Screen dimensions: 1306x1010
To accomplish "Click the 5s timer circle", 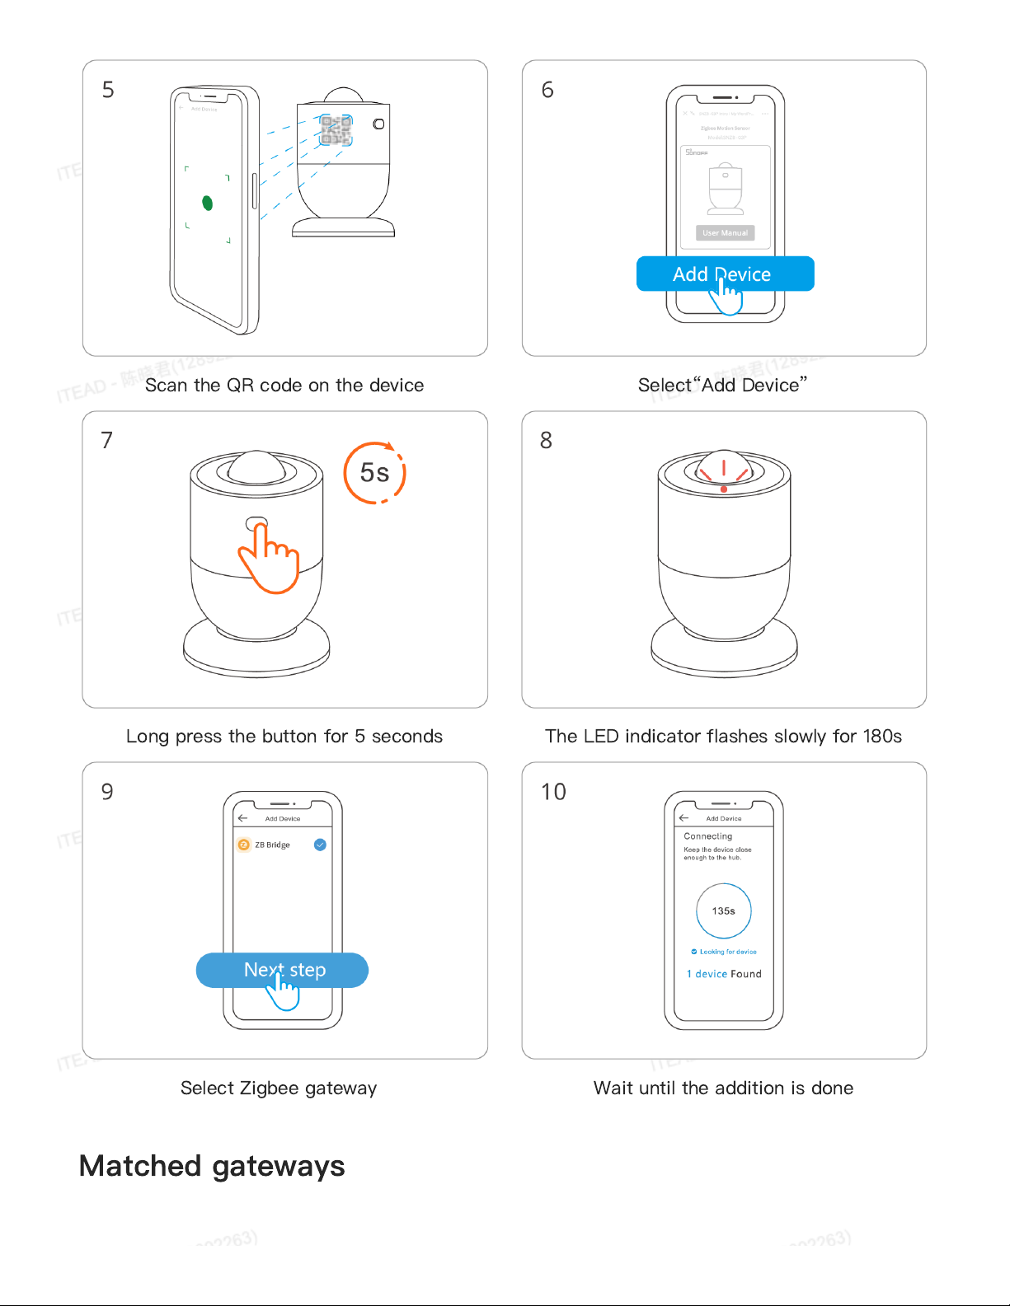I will pyautogui.click(x=374, y=473).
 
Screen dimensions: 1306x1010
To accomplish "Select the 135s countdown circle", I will pyautogui.click(x=723, y=910).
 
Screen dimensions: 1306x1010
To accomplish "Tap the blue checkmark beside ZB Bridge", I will pyautogui.click(x=320, y=845).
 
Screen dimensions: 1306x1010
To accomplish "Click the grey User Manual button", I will pyautogui.click(x=725, y=233).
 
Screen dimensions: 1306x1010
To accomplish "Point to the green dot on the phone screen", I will pyautogui.click(x=207, y=203).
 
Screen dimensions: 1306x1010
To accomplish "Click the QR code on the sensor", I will pyautogui.click(x=336, y=129).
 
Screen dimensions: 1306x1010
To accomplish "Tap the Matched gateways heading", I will pyautogui.click(x=212, y=1166).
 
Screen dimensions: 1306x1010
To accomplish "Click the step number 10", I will pyautogui.click(x=553, y=792).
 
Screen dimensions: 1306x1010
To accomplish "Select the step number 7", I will pyautogui.click(x=106, y=441).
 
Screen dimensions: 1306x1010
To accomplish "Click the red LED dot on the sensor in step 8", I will pyautogui.click(x=723, y=489).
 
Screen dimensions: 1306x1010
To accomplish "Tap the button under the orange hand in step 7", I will pyautogui.click(x=256, y=524).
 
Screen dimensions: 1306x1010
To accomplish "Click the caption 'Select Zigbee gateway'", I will pyautogui.click(x=279, y=1088).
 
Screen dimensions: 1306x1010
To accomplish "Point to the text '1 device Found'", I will pyautogui.click(x=724, y=974).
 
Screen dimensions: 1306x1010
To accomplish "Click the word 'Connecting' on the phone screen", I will pyautogui.click(x=707, y=836).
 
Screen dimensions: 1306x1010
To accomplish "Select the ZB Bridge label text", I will pyautogui.click(x=272, y=845).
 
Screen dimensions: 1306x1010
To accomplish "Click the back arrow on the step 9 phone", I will pyautogui.click(x=242, y=818).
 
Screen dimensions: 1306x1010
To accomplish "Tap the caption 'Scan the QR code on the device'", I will pyautogui.click(x=284, y=385).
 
